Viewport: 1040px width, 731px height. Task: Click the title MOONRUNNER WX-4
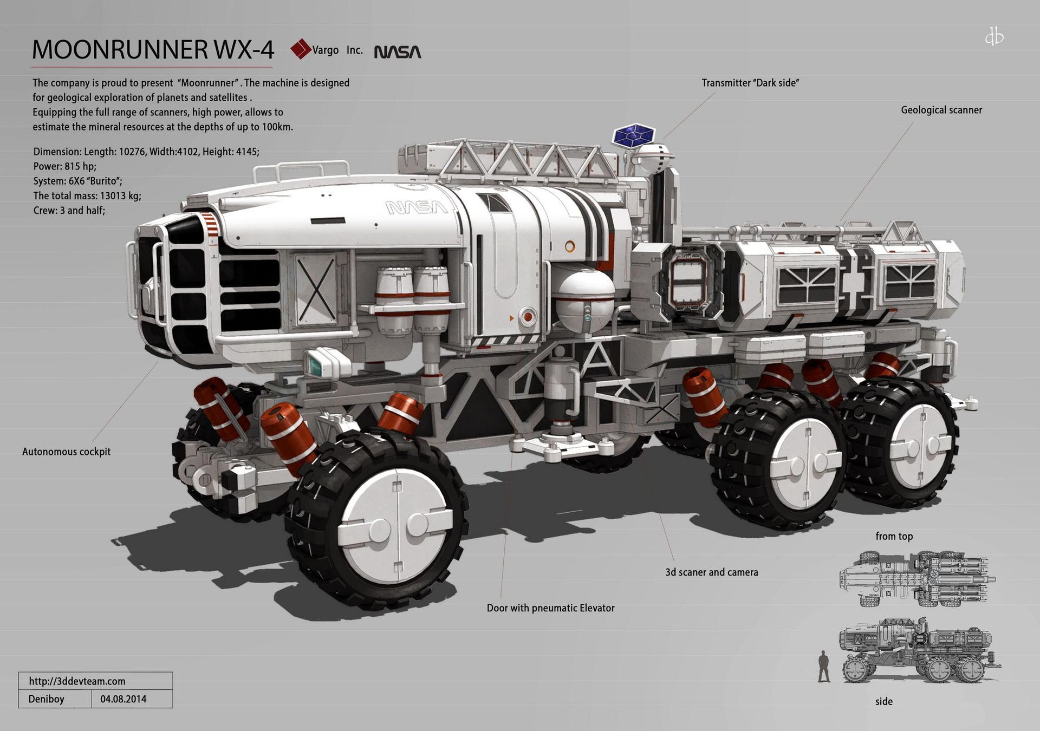coord(153,50)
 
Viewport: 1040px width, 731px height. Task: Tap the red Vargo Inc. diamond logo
coord(301,49)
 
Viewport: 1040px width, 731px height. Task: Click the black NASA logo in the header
coord(398,52)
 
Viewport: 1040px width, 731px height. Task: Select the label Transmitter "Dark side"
coord(750,83)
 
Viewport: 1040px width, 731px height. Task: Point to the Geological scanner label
coord(941,110)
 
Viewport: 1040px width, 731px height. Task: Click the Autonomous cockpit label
coord(66,452)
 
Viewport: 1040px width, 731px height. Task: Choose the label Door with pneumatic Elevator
coord(550,608)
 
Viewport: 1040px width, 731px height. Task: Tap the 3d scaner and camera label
coord(712,572)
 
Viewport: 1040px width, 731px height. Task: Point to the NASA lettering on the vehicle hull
coord(417,207)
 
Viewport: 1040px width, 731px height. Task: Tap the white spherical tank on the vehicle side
coord(585,301)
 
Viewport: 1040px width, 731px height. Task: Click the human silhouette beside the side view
coord(824,667)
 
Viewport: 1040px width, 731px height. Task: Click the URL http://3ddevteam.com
coord(77,681)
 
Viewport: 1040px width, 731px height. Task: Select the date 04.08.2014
coord(123,699)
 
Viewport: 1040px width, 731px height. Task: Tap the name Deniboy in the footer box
coord(46,699)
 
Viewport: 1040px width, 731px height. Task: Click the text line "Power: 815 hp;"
coord(65,166)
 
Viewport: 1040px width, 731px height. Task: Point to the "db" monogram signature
coord(994,37)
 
